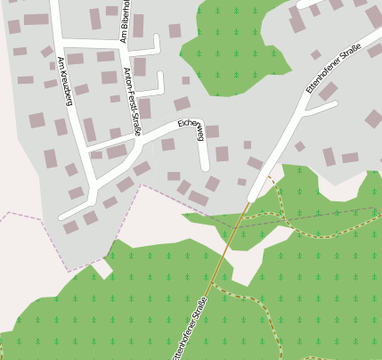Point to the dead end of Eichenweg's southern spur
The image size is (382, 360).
point(206,168)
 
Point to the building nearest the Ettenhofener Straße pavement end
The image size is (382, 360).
point(241,182)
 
